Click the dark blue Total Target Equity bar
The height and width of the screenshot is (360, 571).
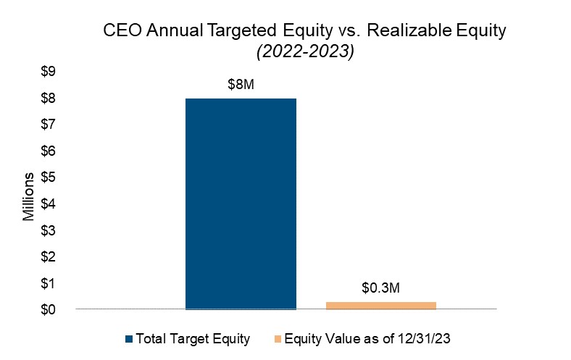point(241,204)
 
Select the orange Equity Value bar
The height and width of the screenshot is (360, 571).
point(381,306)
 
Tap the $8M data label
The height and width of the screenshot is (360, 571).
point(241,85)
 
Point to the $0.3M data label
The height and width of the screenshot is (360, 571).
point(381,288)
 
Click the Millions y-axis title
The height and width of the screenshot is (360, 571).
point(28,196)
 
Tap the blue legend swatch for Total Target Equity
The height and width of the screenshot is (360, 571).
point(130,338)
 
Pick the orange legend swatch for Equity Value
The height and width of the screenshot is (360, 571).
point(278,338)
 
